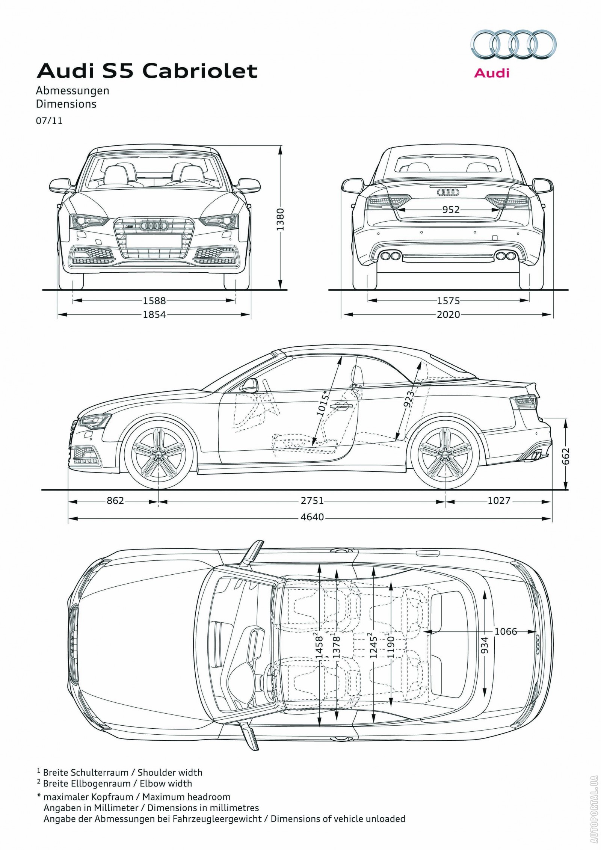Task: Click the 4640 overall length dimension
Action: click(312, 517)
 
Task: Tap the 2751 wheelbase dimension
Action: click(312, 501)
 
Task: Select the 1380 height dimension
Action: click(281, 219)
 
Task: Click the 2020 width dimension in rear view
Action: click(448, 314)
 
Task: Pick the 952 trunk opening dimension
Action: click(450, 210)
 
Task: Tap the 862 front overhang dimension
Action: click(115, 501)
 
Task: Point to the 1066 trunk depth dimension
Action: click(505, 631)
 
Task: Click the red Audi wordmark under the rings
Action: click(491, 73)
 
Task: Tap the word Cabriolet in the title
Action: click(200, 71)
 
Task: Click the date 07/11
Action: click(49, 121)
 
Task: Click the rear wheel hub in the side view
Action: click(445, 455)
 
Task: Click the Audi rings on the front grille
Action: click(153, 226)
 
